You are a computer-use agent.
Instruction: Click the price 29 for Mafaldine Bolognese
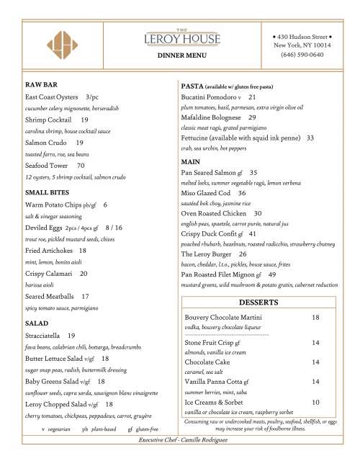pyautogui.click(x=252, y=117)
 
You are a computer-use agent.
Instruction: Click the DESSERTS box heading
pyautogui.click(x=258, y=301)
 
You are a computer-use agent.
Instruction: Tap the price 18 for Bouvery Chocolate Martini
pyautogui.click(x=315, y=317)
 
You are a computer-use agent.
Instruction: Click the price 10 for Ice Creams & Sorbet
pyautogui.click(x=315, y=401)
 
